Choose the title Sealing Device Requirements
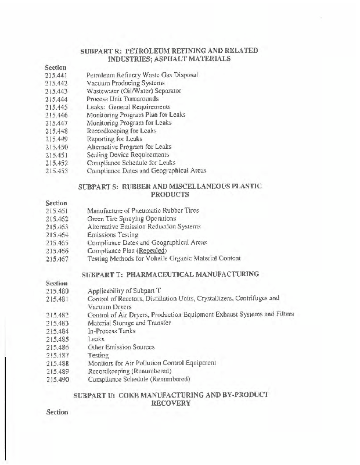pos(128,155)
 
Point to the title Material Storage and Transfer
pos(129,323)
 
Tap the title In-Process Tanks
pos(111,331)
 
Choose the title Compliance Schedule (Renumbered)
pos(139,380)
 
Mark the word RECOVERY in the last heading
pos(170,403)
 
